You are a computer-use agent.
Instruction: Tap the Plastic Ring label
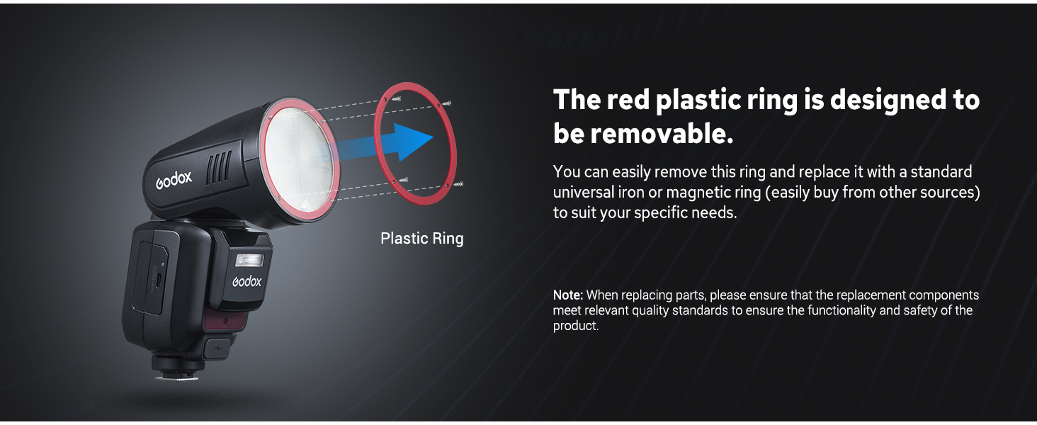click(421, 239)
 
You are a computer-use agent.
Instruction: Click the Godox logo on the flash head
click(174, 180)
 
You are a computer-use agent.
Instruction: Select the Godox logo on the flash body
click(246, 281)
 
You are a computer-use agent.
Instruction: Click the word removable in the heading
click(662, 134)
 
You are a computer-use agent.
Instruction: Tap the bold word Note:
click(568, 295)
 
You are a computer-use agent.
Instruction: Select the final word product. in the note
click(576, 326)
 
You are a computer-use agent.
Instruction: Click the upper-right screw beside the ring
click(446, 103)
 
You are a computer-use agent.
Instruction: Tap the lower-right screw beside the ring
click(458, 184)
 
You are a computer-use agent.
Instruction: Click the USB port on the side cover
click(159, 280)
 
